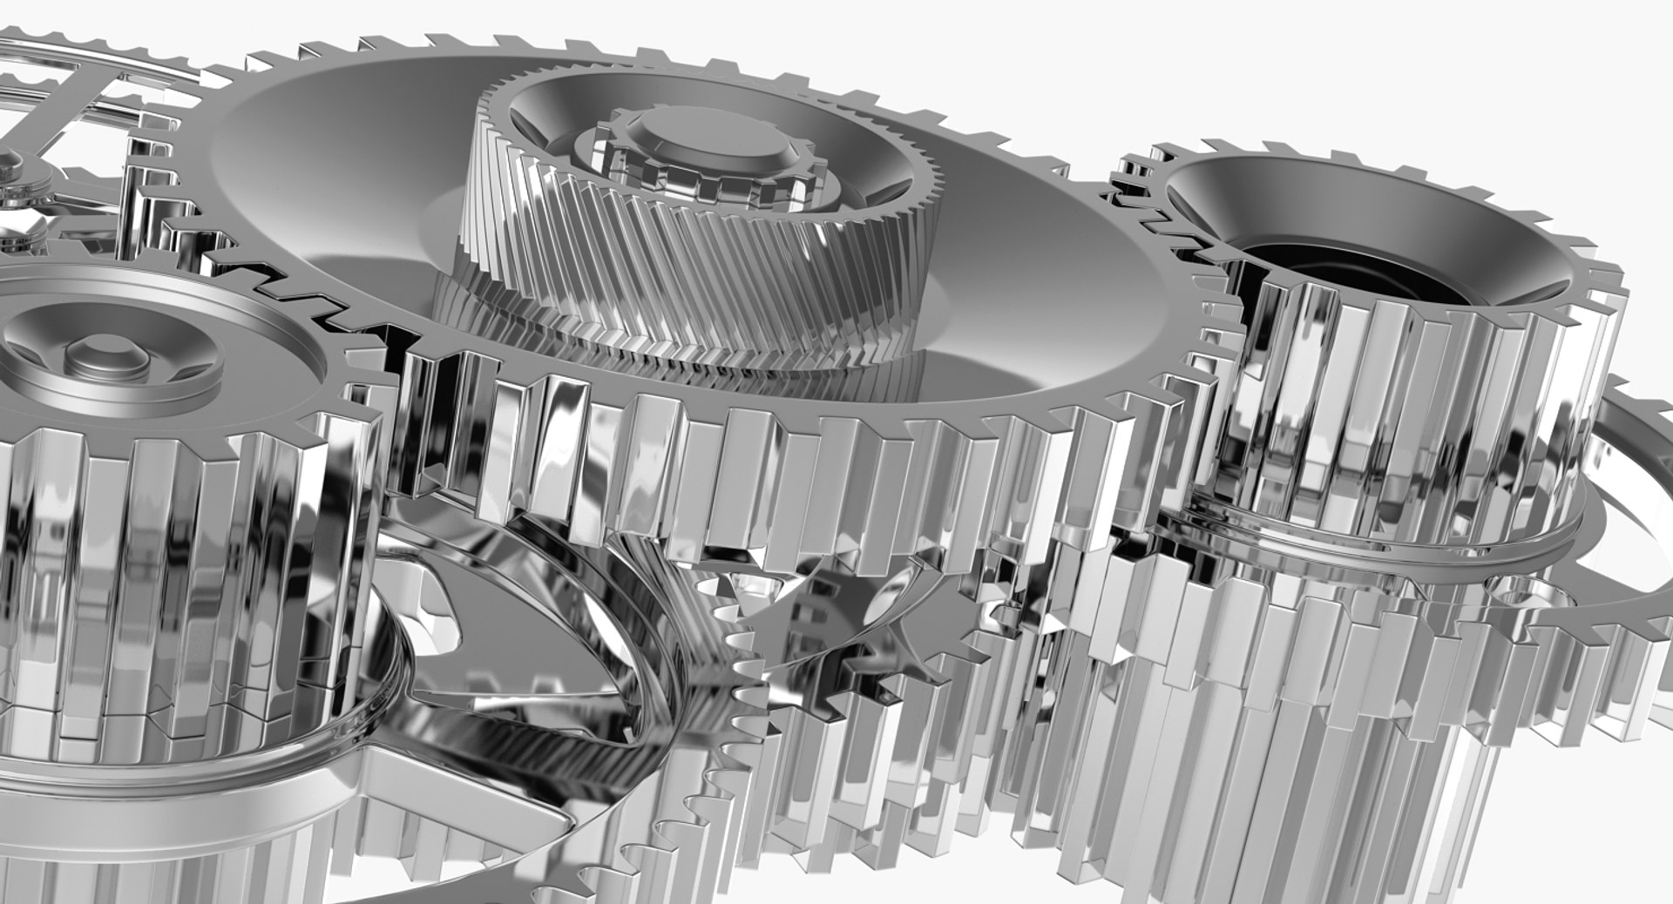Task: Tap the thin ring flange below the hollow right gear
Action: [x=1394, y=549]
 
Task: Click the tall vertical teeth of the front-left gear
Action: [x=174, y=566]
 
